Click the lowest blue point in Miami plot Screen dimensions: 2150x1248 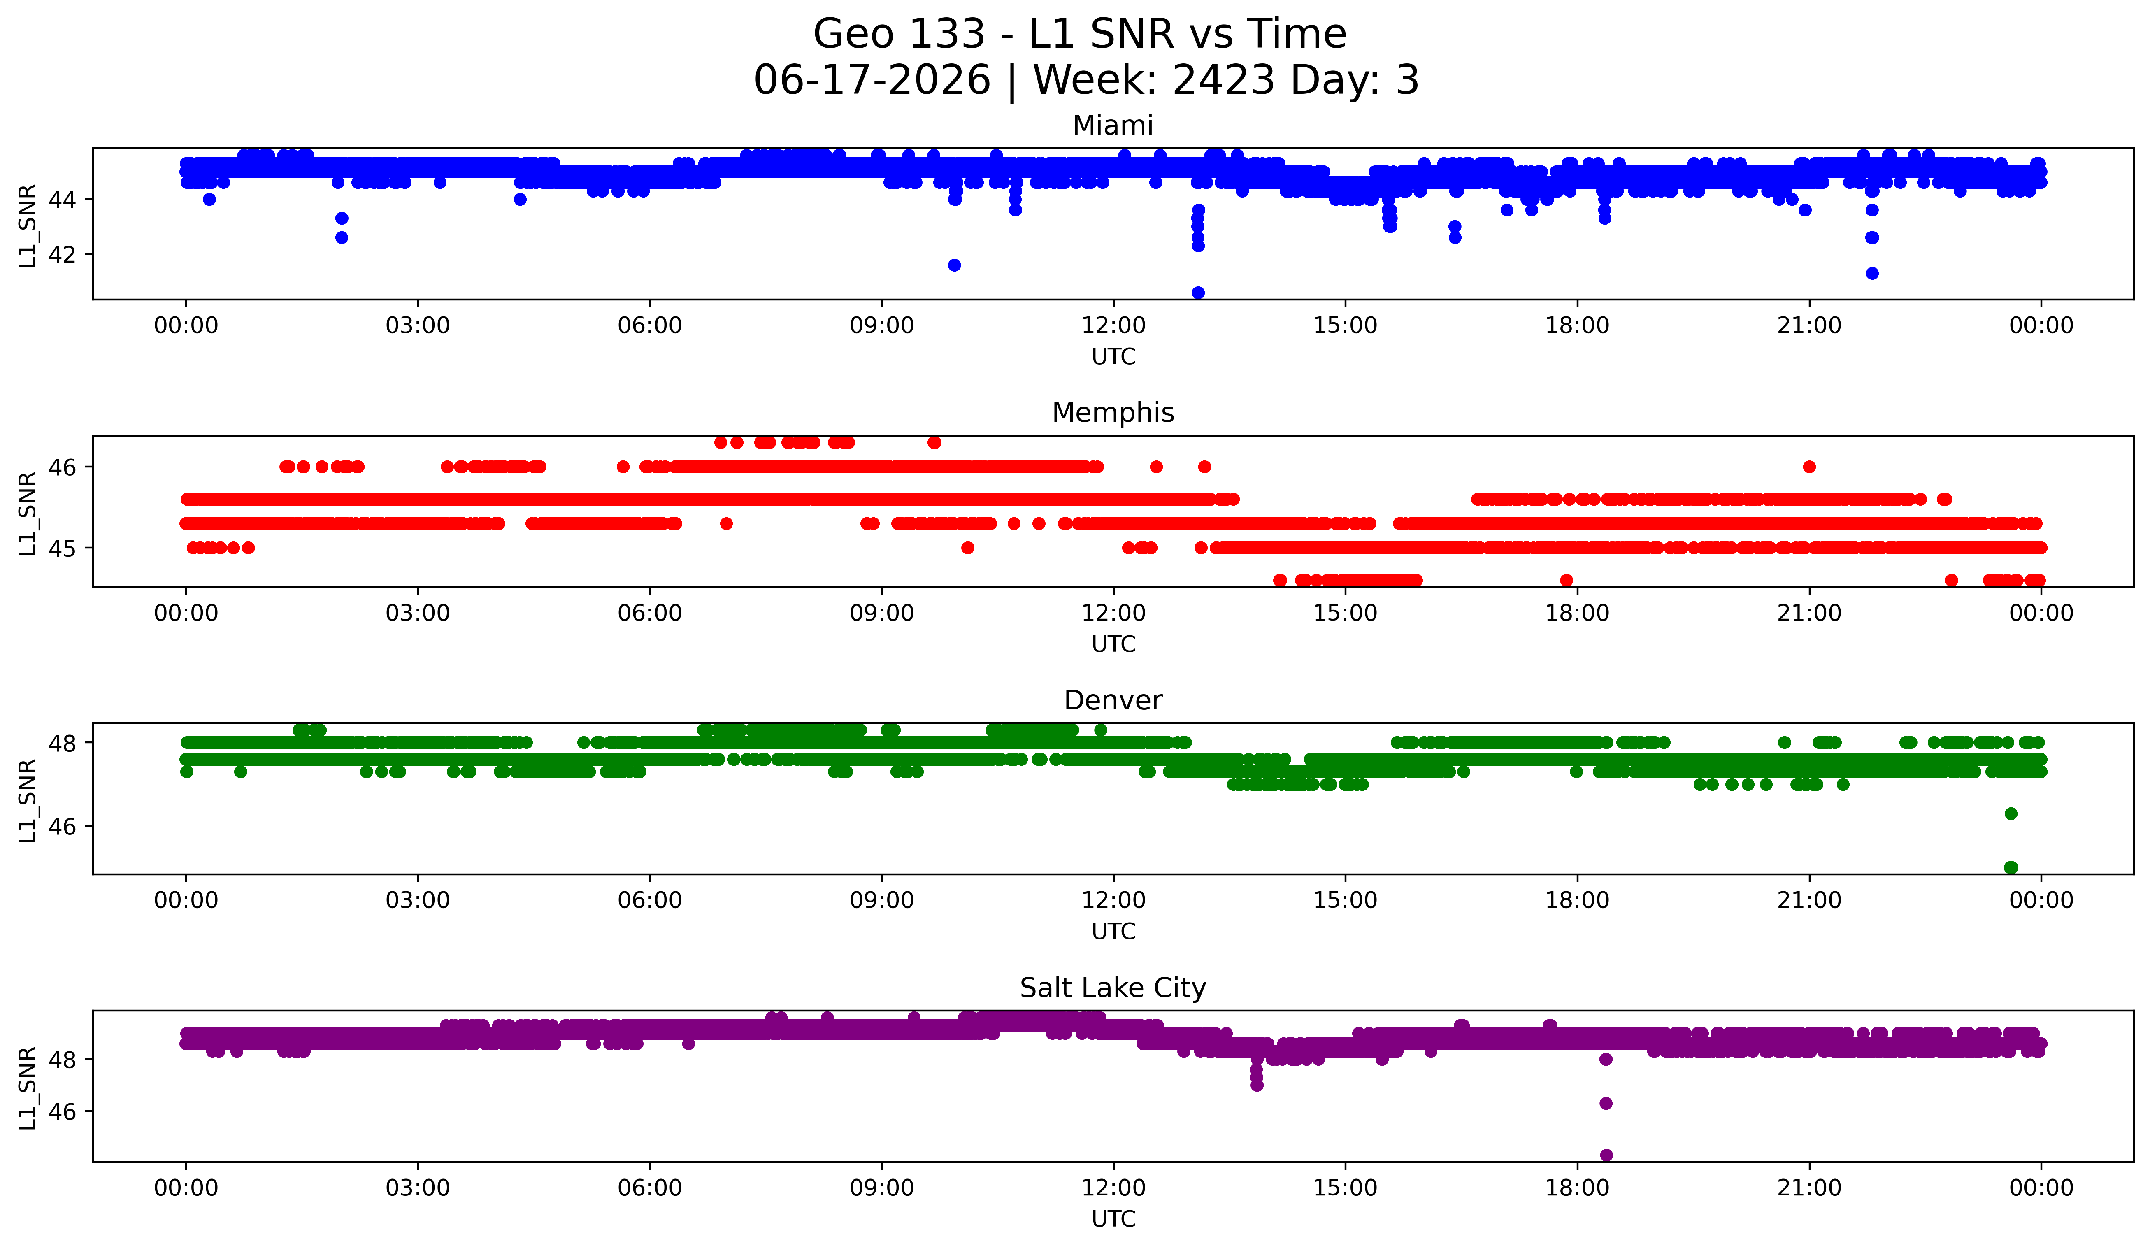(x=1198, y=293)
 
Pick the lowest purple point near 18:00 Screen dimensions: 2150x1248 (x=1606, y=1155)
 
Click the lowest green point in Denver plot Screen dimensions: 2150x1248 (x=2011, y=867)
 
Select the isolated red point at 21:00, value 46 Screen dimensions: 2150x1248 (x=1810, y=467)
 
